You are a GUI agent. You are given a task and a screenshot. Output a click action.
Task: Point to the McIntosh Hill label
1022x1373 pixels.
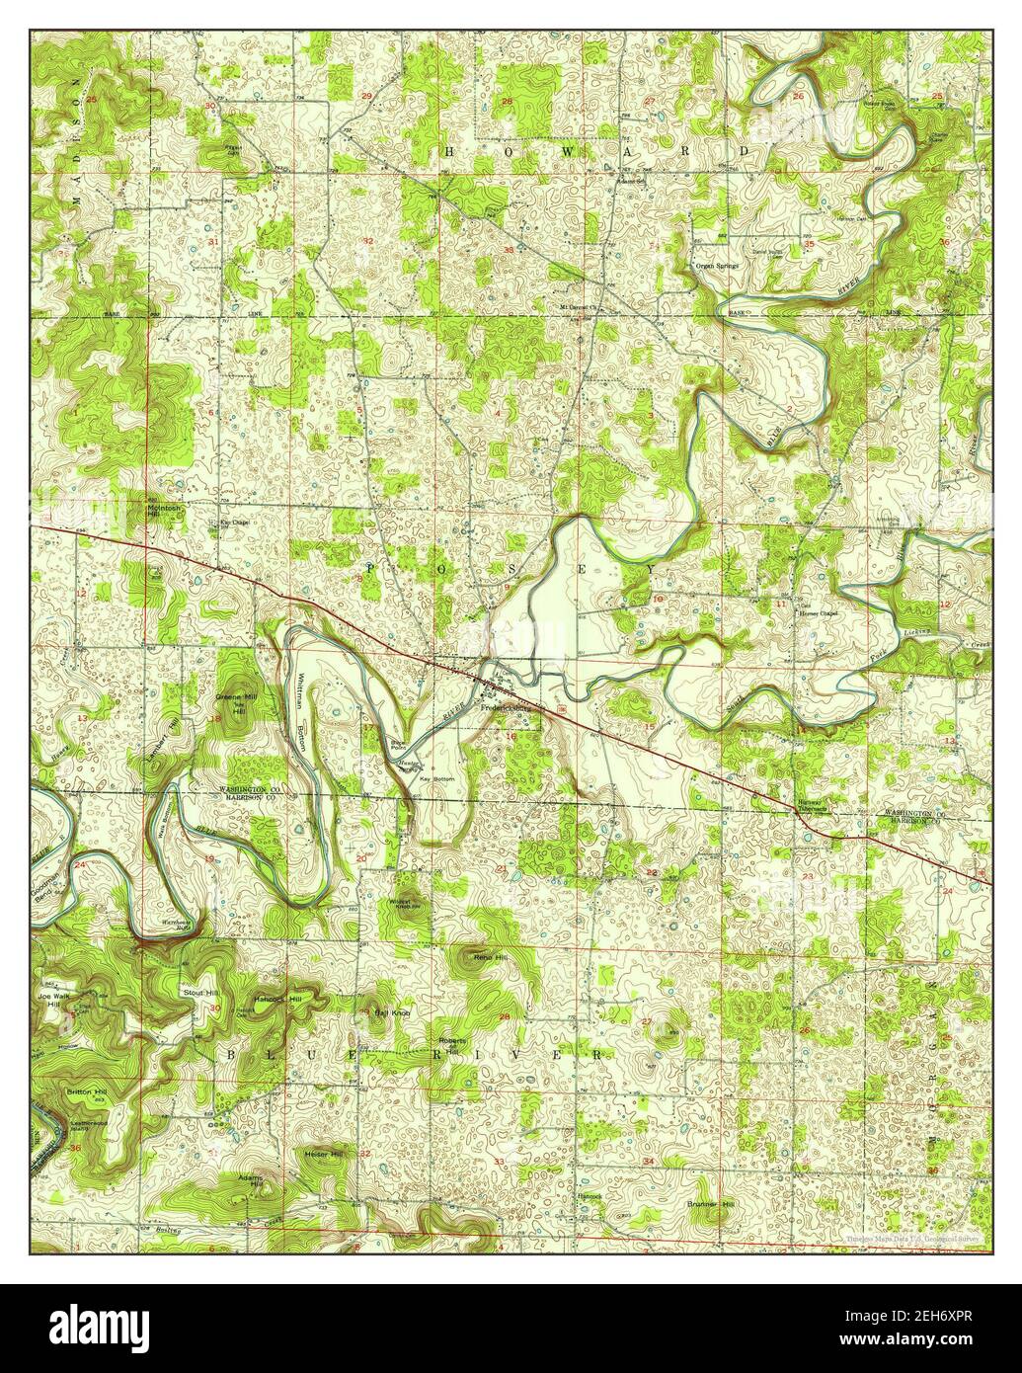click(165, 511)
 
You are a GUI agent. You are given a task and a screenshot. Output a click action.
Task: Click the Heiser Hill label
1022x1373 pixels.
click(323, 1154)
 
